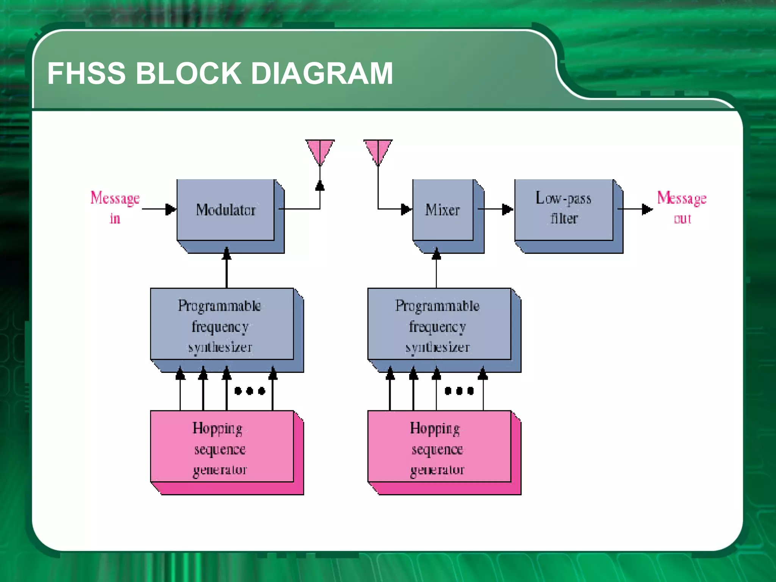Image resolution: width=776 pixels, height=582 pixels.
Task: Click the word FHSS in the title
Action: click(x=86, y=74)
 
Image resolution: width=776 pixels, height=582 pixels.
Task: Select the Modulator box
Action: click(x=226, y=210)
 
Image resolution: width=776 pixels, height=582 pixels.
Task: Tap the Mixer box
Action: click(x=443, y=210)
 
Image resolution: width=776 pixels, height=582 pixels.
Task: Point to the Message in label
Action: click(x=115, y=208)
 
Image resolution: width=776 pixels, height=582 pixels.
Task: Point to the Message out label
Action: click(x=681, y=208)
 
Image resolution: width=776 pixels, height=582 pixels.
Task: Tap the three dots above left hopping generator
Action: click(x=250, y=391)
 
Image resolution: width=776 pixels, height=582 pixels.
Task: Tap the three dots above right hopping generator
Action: click(x=459, y=391)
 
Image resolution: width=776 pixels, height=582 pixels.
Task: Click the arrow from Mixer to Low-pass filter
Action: click(x=496, y=209)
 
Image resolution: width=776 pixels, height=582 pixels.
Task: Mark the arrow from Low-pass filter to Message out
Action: click(x=635, y=209)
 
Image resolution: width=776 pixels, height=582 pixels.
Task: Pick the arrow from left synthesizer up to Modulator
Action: click(x=227, y=269)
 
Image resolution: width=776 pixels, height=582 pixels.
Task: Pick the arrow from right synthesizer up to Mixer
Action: click(x=436, y=269)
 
